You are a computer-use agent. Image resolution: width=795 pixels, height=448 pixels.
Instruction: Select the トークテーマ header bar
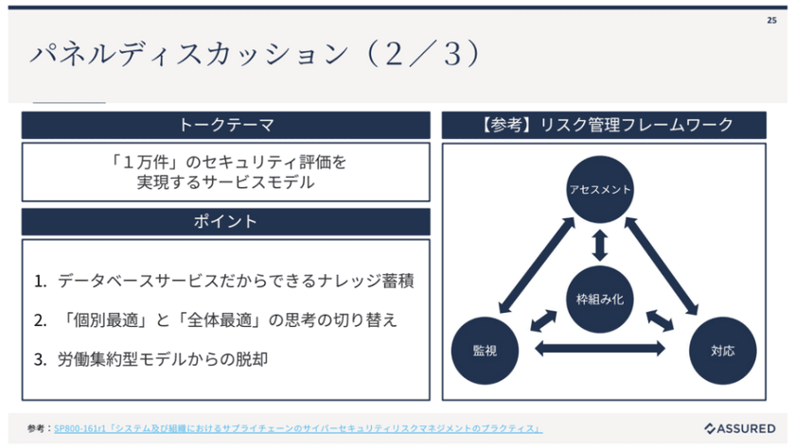coord(225,125)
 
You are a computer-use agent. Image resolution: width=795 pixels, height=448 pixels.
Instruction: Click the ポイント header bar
coord(225,221)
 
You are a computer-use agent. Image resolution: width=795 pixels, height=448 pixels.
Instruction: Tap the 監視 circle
coord(485,350)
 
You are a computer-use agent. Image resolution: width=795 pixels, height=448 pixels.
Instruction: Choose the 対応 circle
coord(723,350)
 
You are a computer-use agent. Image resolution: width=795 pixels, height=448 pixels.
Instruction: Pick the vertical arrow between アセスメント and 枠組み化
coord(599,244)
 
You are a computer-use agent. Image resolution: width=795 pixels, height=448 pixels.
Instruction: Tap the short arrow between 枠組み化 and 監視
coord(544,319)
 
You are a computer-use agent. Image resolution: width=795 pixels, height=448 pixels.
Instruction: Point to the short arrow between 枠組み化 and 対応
coord(659,319)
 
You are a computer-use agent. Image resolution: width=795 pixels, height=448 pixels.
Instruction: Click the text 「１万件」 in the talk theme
coord(142,162)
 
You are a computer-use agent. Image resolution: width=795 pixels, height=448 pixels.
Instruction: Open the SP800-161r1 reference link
coord(298,428)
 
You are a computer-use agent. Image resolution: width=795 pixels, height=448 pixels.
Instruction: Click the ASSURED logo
coord(740,428)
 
